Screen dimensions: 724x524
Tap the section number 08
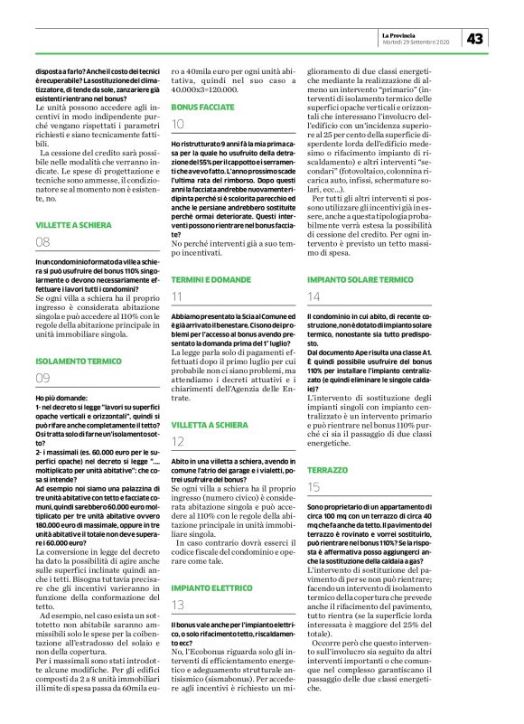42,242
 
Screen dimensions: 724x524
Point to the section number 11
177,296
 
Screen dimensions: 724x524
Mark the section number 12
178,441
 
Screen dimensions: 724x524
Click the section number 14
313,296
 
